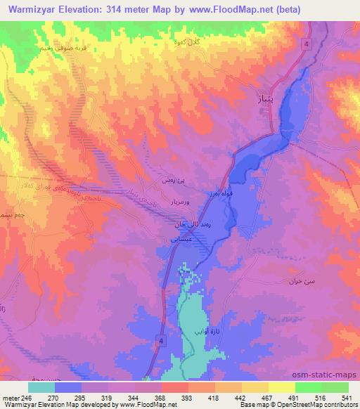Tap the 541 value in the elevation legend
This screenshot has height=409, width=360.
click(x=346, y=396)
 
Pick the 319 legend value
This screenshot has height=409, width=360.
click(x=108, y=396)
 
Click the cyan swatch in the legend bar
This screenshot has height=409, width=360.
click(x=41, y=387)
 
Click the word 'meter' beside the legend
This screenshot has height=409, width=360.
click(x=11, y=396)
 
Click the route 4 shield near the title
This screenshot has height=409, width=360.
click(x=307, y=44)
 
